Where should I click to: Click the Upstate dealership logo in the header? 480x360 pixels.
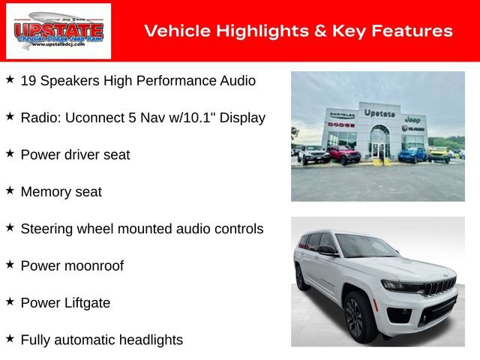point(58,31)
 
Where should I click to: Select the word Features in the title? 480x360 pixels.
point(412,31)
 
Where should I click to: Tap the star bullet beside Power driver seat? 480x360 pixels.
point(10,154)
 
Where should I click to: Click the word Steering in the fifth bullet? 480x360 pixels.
point(46,229)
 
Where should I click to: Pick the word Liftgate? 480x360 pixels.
point(85,303)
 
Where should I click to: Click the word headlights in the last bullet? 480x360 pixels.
point(148,340)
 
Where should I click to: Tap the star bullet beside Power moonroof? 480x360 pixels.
point(10,265)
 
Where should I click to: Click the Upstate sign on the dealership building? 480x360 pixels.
point(379,113)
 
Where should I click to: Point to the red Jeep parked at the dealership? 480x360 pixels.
point(343,154)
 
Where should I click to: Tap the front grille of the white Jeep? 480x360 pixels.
point(439,288)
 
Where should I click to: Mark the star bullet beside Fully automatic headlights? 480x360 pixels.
point(10,339)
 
